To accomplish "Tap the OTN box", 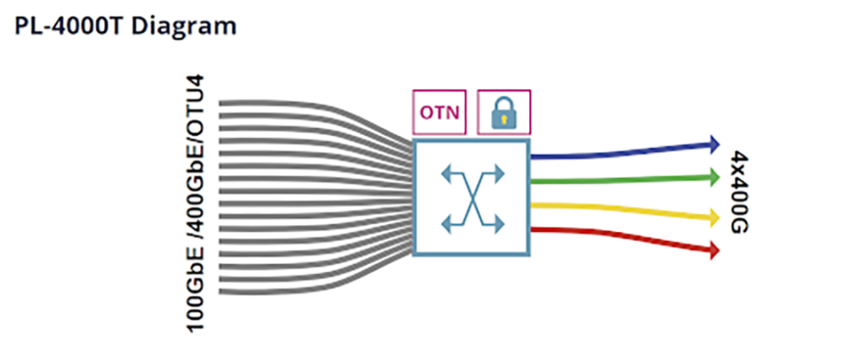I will [x=440, y=112].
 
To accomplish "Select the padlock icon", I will [x=503, y=112].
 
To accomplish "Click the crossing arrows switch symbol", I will [x=471, y=197].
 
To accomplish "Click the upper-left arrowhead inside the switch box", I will [x=446, y=173].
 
